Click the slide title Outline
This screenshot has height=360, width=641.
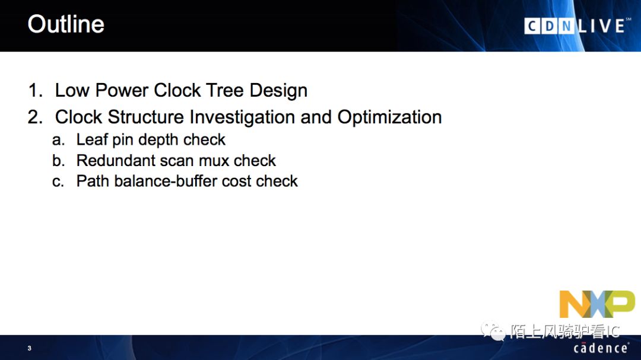click(66, 24)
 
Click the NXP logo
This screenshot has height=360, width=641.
click(597, 304)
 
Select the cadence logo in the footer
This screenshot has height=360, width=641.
click(601, 348)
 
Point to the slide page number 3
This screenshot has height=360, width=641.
click(30, 348)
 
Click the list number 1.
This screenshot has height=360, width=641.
click(35, 90)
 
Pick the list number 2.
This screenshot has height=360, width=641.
click(35, 117)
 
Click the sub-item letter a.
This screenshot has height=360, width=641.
click(58, 140)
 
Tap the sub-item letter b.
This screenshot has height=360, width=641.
click(58, 161)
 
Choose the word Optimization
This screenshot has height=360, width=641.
click(389, 117)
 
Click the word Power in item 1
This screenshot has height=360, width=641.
click(122, 90)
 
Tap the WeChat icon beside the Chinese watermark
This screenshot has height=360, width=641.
click(493, 330)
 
